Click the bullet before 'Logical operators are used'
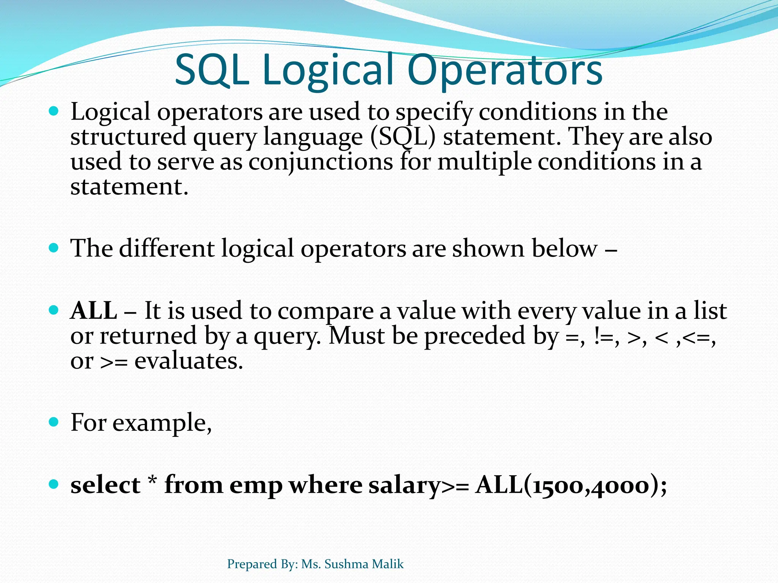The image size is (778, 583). point(54,111)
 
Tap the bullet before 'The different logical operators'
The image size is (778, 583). point(54,248)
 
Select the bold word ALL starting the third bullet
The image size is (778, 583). point(94,310)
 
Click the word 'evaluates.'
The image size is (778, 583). point(189,361)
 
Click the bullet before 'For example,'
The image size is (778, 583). point(54,422)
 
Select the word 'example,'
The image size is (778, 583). point(162,423)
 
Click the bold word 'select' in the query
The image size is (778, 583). point(106,485)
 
